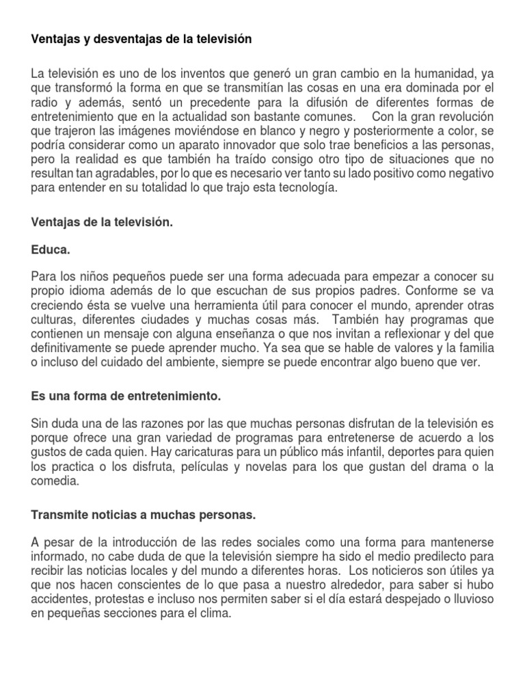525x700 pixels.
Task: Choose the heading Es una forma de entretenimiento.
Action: click(x=127, y=396)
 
